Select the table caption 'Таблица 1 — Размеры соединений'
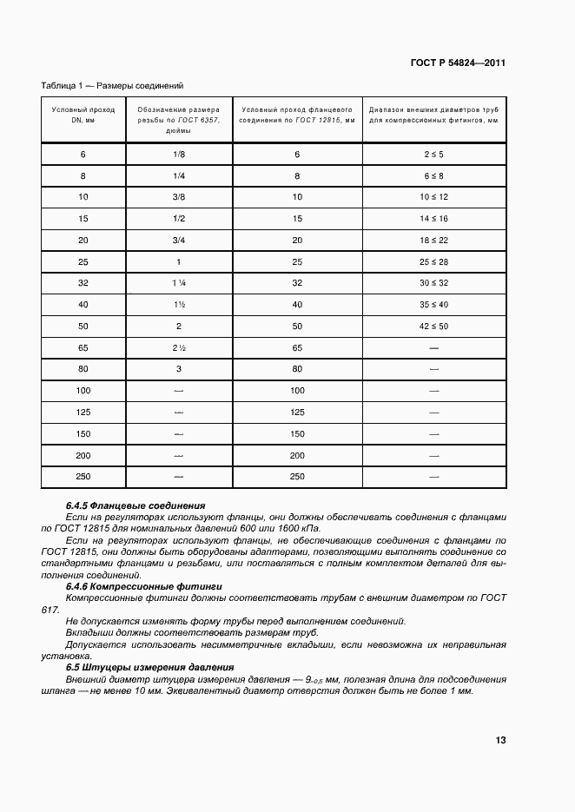112,86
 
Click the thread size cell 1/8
179,154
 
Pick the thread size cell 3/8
179,197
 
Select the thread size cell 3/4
179,240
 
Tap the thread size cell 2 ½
179,347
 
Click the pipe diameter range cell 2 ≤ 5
433,154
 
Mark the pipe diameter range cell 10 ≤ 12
433,197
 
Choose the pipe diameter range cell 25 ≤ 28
433,261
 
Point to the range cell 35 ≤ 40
433,304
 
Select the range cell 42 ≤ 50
433,326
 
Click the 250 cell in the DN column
83,476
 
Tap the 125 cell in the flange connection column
297,412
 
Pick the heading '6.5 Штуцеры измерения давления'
150,667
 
